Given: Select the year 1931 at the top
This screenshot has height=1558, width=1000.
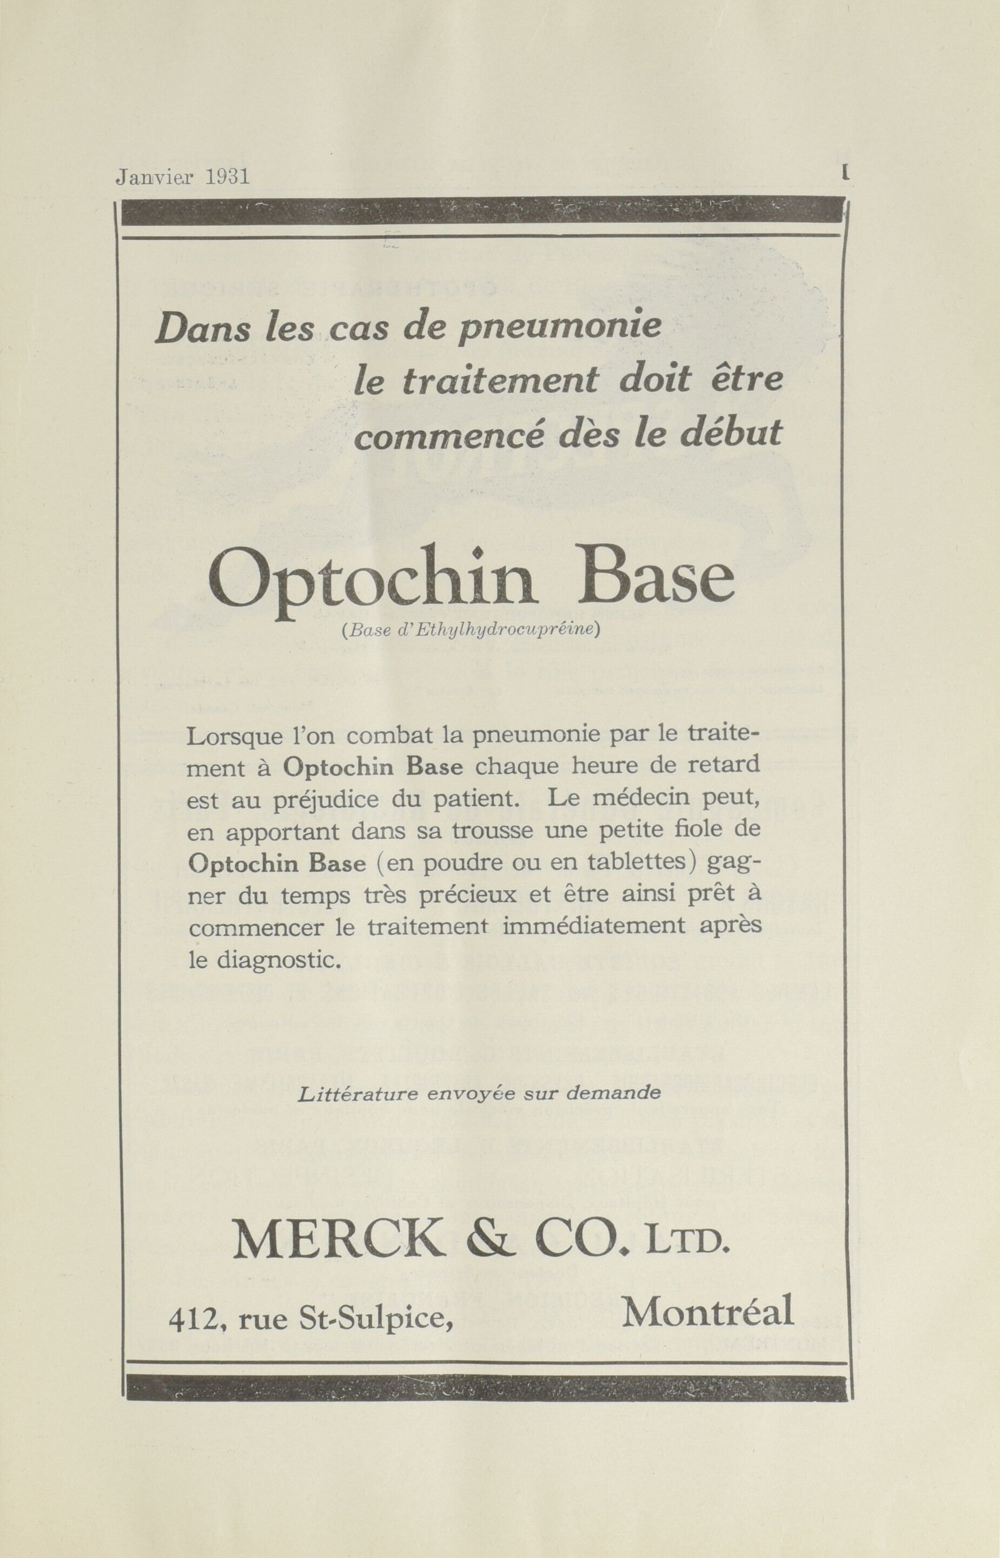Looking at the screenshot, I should pos(227,178).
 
